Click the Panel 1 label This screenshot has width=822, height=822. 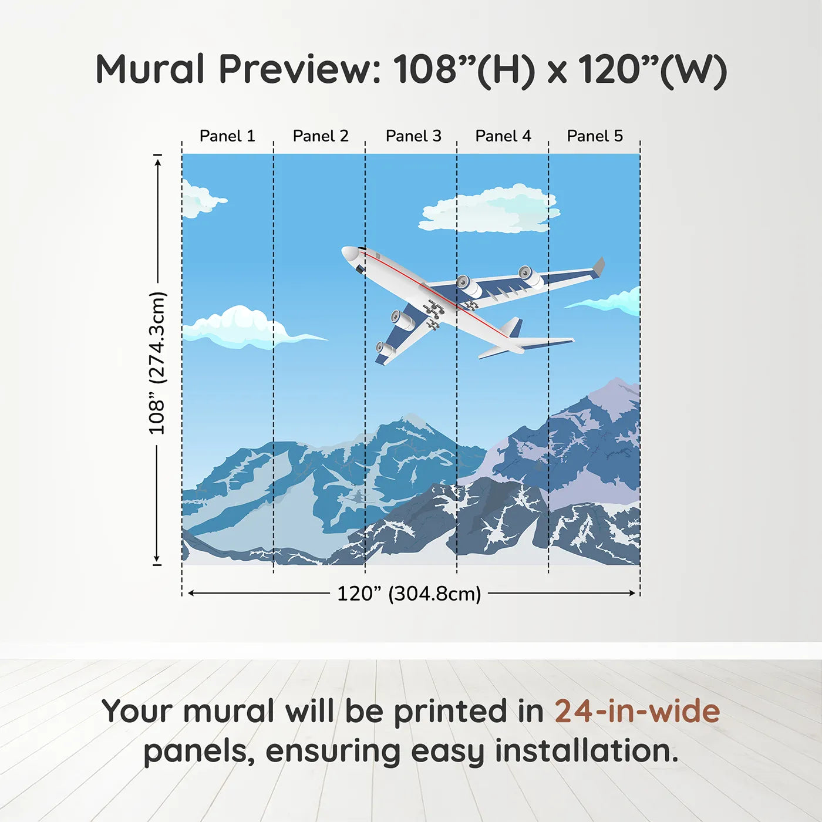point(227,136)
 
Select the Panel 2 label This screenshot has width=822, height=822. point(320,136)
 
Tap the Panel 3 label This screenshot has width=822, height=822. point(413,136)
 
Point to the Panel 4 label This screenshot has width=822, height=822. point(503,136)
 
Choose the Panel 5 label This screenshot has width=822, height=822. point(594,136)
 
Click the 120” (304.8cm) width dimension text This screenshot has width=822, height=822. point(409,594)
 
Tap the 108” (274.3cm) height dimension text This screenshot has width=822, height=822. point(157,363)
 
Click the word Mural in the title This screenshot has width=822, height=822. point(150,69)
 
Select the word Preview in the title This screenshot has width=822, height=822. point(300,69)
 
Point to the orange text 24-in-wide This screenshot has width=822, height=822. point(637,711)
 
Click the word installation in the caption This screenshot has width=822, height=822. point(586,751)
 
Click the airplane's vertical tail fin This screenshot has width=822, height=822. point(512,326)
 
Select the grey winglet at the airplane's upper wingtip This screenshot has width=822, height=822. point(599,266)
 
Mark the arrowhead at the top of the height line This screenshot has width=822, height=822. point(157,161)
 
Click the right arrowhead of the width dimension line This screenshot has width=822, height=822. point(633,593)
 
